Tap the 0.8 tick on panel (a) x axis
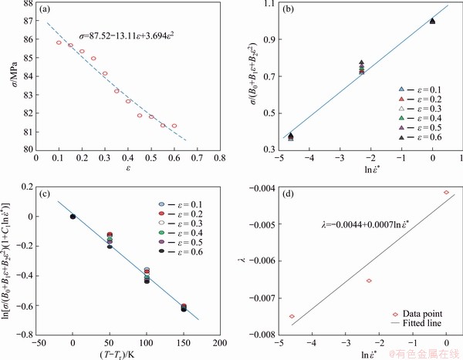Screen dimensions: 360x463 click(218, 159)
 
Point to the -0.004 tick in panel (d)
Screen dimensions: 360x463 click(259, 187)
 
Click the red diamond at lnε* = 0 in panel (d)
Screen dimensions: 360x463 click(447, 192)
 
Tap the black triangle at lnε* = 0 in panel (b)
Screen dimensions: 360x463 click(433, 21)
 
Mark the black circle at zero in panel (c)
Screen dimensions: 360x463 click(73, 217)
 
